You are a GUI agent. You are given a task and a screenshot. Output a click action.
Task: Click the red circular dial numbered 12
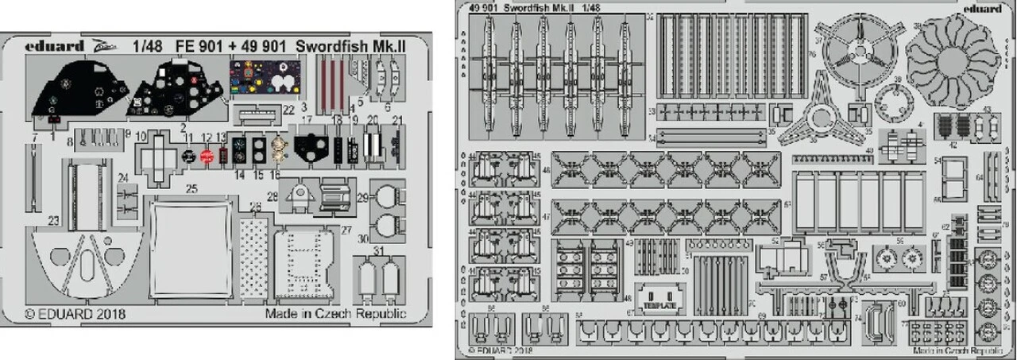point(207,157)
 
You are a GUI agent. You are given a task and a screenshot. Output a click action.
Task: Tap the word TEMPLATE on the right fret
point(660,305)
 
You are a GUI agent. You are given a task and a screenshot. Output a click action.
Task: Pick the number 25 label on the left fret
point(191,189)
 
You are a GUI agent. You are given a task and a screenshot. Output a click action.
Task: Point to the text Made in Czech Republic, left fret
point(337,313)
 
